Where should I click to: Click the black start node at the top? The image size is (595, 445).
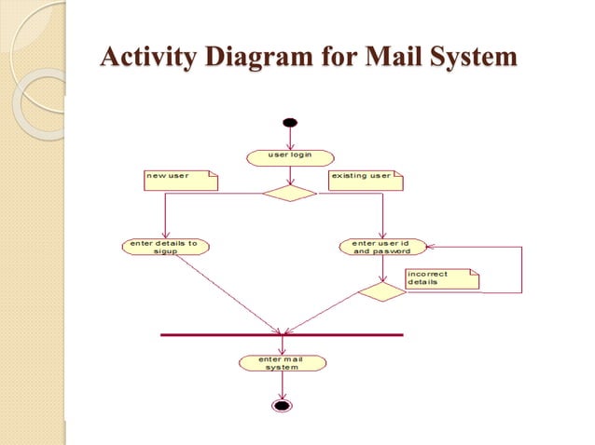pos(290,122)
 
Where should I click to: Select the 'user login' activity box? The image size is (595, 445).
pos(290,156)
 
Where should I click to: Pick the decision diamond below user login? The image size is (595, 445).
pos(289,194)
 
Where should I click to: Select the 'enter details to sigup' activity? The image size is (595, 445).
pos(165,247)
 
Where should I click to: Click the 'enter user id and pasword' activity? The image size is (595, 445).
pos(383,247)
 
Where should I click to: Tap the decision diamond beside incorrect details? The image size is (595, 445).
pos(382,292)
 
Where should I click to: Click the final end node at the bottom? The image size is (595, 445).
pos(282,405)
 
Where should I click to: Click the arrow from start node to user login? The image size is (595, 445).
pos(290,137)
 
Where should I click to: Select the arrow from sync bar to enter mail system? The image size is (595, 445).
pos(282,344)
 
